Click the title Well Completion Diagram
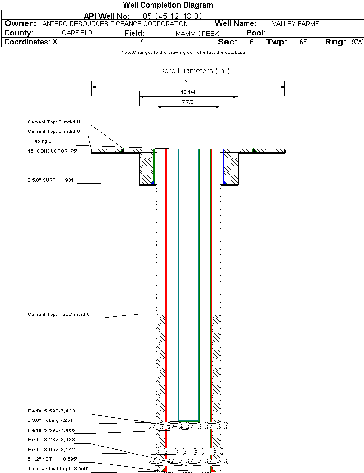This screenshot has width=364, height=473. tap(168, 5)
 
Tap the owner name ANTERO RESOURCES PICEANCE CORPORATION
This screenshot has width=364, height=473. tap(115, 24)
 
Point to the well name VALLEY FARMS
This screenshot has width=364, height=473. tap(295, 24)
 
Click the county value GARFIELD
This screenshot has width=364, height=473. tap(77, 33)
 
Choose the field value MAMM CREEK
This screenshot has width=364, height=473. tap(197, 34)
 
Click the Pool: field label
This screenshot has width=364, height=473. tap(256, 33)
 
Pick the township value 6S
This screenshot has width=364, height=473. tap(303, 42)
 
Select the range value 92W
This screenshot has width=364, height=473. tap(357, 42)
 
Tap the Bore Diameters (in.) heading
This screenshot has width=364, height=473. tap(194, 71)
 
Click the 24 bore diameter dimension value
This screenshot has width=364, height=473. tap(188, 82)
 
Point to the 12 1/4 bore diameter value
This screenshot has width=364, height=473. tap(188, 92)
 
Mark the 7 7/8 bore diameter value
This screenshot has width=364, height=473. tap(188, 102)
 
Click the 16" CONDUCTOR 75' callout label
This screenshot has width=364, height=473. tap(52, 151)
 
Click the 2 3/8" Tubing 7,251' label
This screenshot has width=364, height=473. tap(51, 420)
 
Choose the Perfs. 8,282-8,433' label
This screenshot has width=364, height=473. tap(52, 439)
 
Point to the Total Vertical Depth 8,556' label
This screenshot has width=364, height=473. tap(58, 468)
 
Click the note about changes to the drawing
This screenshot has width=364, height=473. tap(183, 53)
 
